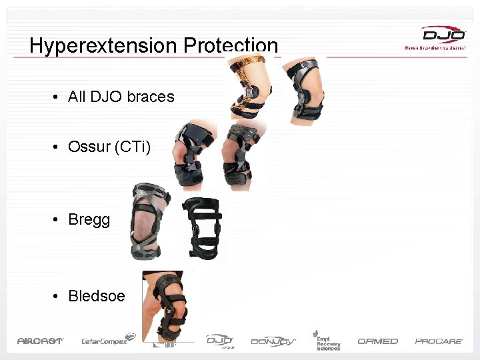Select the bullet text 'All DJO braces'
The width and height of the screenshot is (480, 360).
point(121,97)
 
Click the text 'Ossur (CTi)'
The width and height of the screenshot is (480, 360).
point(109,147)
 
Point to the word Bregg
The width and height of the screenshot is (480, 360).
point(89,220)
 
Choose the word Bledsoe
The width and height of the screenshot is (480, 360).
point(96,296)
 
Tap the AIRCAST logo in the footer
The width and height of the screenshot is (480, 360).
point(40,341)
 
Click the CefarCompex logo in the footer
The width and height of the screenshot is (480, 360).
point(104,341)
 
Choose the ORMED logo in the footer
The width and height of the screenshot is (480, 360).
point(377,341)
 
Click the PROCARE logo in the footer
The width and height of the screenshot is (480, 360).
point(439,341)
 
